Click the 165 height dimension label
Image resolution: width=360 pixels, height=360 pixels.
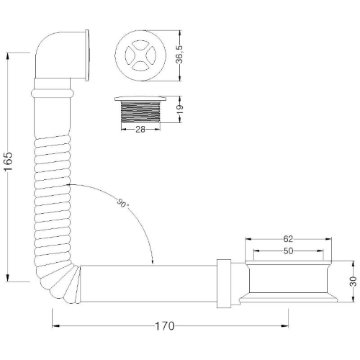pyautogui.click(x=8, y=161)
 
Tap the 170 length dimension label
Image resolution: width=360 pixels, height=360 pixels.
pyautogui.click(x=165, y=326)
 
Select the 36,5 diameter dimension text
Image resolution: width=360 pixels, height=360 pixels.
pyautogui.click(x=179, y=55)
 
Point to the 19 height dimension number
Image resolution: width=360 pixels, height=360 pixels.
pyautogui.click(x=180, y=109)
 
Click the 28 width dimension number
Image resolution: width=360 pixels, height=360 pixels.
pyautogui.click(x=140, y=130)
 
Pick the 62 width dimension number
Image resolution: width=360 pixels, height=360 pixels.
pyautogui.click(x=288, y=239)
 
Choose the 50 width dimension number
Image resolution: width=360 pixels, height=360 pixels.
pyautogui.click(x=288, y=251)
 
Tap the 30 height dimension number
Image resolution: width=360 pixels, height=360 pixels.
pyautogui.click(x=354, y=282)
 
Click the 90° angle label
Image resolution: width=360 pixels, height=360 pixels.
pyautogui.click(x=122, y=204)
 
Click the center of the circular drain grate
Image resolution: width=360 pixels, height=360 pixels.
pyautogui.click(x=140, y=55)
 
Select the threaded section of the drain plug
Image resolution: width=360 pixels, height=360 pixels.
pyautogui.click(x=140, y=112)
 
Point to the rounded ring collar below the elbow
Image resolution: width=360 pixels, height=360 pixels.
pyautogui.click(x=53, y=94)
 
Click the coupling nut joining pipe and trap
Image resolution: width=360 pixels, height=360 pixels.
pyautogui.click(x=224, y=284)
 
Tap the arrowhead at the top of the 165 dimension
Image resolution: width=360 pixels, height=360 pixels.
pyautogui.click(x=8, y=56)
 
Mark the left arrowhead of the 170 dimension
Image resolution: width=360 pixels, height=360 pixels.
pyautogui.click(x=56, y=325)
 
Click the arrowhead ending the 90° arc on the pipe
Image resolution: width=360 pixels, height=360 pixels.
pyautogui.click(x=153, y=261)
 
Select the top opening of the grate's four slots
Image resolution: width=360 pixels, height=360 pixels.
pyautogui.click(x=140, y=44)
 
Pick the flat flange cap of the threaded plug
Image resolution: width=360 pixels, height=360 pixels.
pyautogui.click(x=140, y=99)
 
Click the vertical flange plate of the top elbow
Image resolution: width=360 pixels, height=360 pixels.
pyautogui.click(x=87, y=55)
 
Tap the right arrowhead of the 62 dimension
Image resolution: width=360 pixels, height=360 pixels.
pyautogui.click(x=328, y=239)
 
